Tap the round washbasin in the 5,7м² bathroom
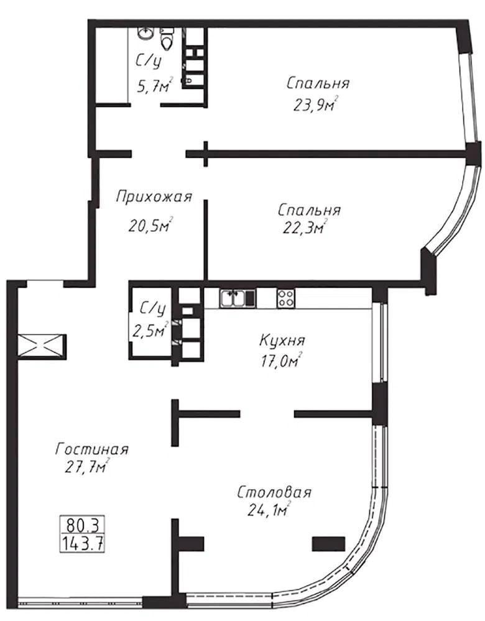(146, 32)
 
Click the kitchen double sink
(233, 298)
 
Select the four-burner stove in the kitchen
(285, 298)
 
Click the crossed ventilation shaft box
(41, 346)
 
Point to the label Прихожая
(154, 196)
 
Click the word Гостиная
(92, 449)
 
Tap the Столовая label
(274, 493)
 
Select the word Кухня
(282, 340)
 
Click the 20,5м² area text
(151, 225)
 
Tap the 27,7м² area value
(88, 466)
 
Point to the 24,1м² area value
(269, 510)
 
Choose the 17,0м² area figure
(281, 360)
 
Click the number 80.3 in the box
(82, 525)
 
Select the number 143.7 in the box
(82, 542)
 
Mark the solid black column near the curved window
(328, 544)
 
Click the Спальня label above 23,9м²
(318, 83)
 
